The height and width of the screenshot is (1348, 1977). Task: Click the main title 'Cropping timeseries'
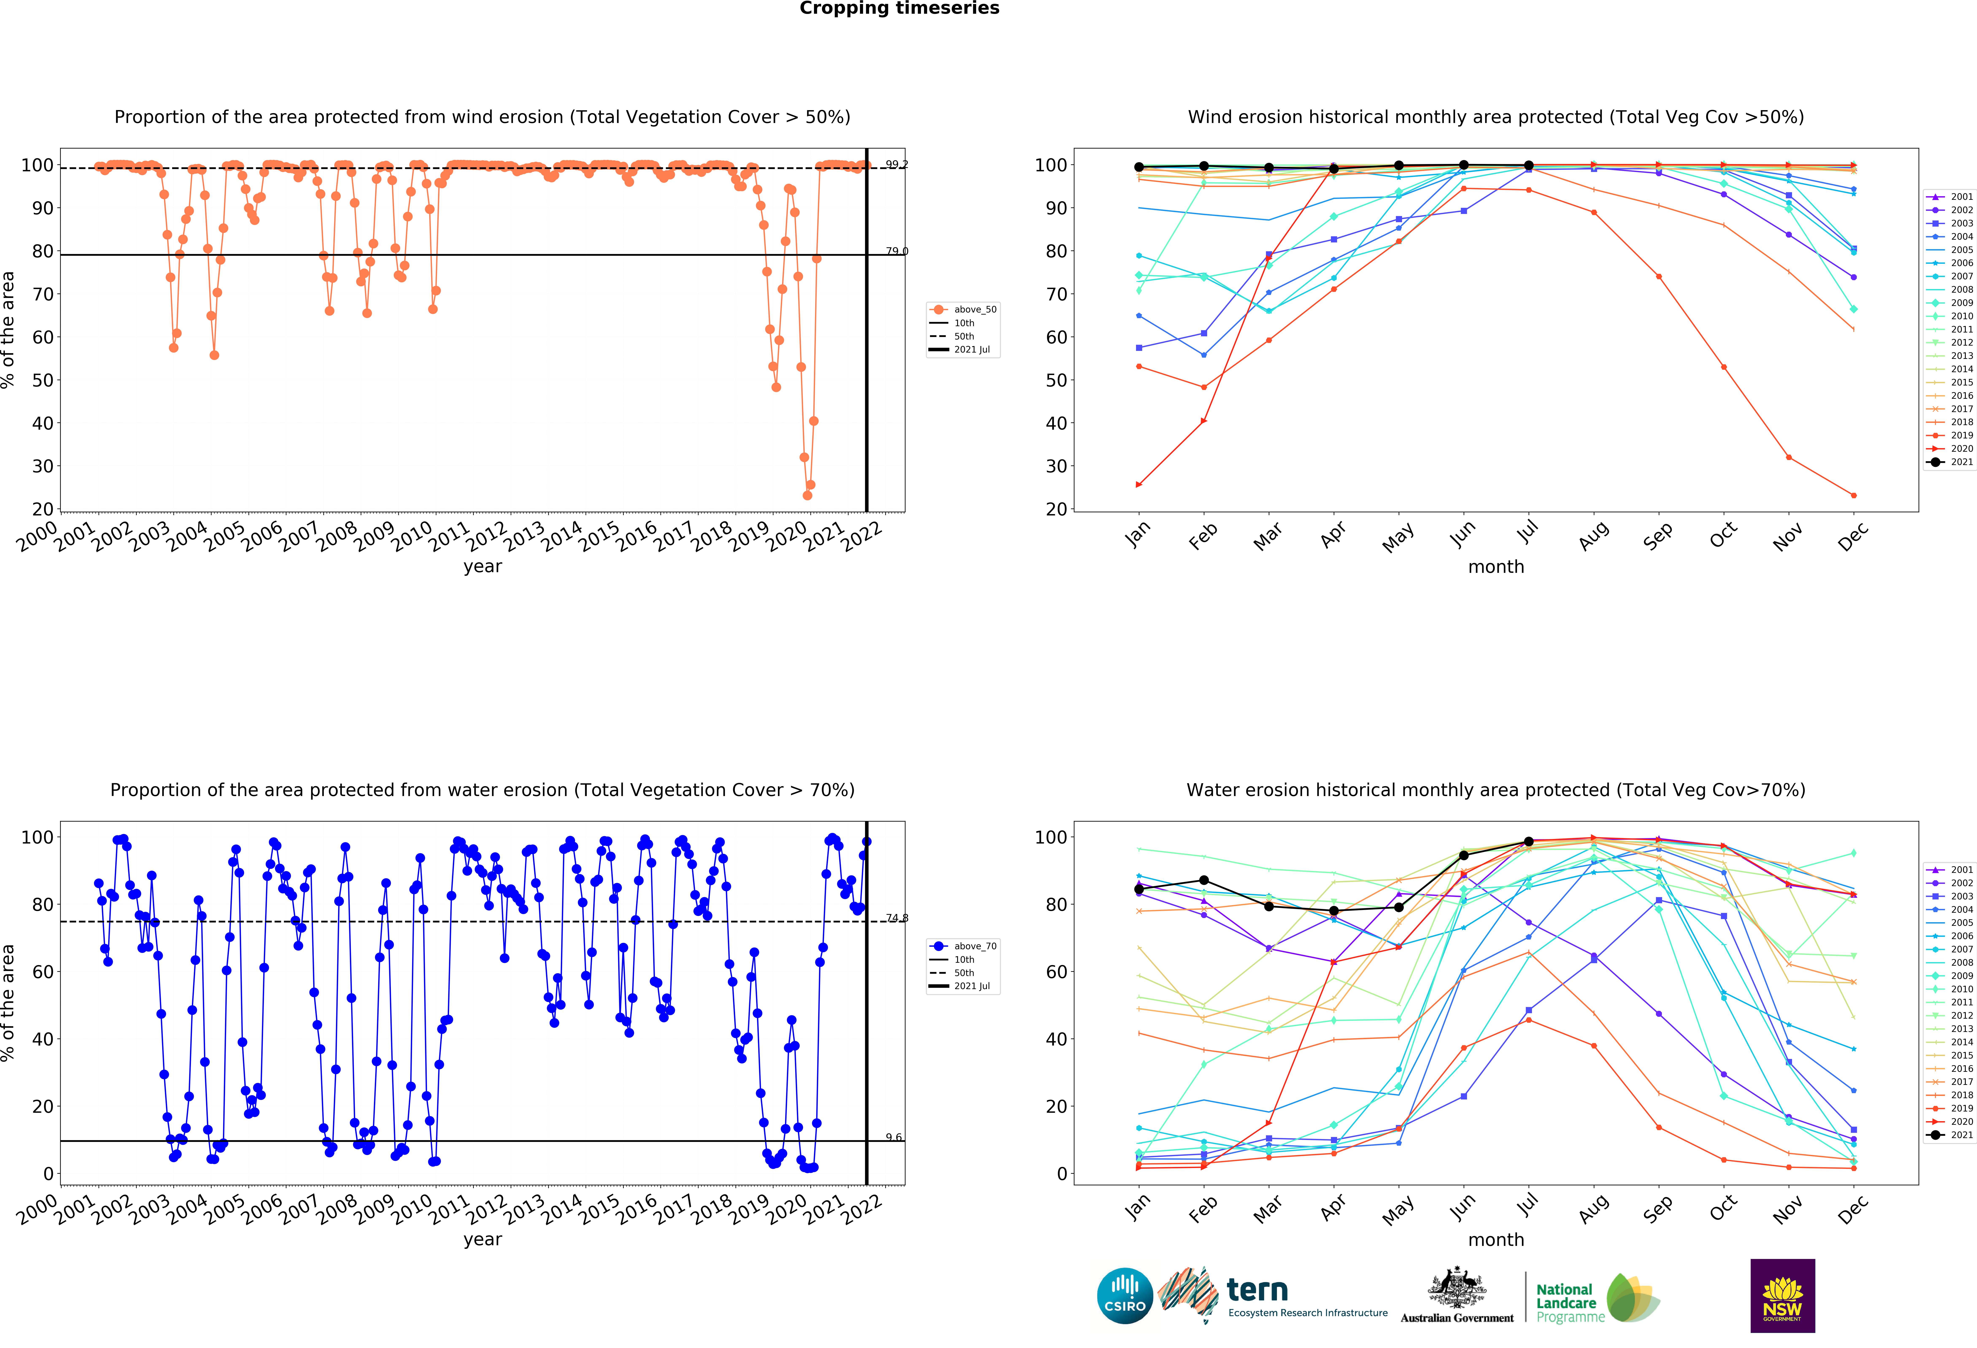pyautogui.click(x=899, y=8)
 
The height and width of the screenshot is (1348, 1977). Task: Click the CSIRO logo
pyautogui.click(x=1125, y=1296)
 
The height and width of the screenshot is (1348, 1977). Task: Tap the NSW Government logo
pyautogui.click(x=1782, y=1295)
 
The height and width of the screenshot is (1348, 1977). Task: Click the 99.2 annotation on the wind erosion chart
pyautogui.click(x=896, y=164)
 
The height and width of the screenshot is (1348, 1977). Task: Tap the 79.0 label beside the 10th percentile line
pyautogui.click(x=896, y=251)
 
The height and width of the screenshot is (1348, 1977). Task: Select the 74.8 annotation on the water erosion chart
pyautogui.click(x=896, y=917)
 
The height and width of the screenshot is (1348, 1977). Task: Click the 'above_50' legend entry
pyautogui.click(x=974, y=310)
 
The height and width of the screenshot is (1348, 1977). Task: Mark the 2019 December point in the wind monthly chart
pyautogui.click(x=1854, y=495)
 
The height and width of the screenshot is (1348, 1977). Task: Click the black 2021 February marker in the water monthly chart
pyautogui.click(x=1204, y=880)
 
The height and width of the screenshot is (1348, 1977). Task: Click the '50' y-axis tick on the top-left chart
pyautogui.click(x=43, y=380)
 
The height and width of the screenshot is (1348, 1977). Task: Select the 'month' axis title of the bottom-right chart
pyautogui.click(x=1495, y=1239)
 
